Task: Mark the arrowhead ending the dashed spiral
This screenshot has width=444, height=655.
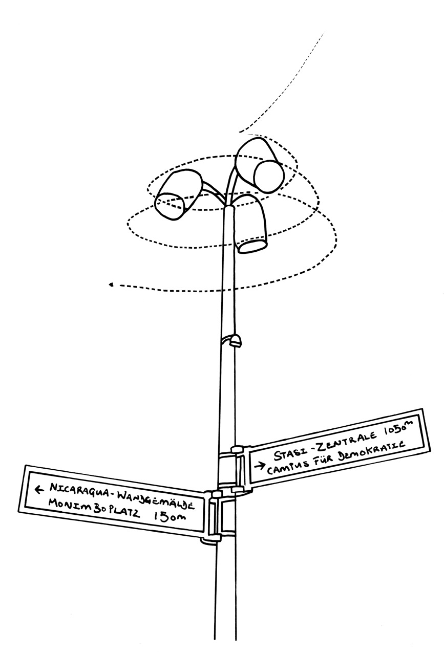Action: tap(111, 285)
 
